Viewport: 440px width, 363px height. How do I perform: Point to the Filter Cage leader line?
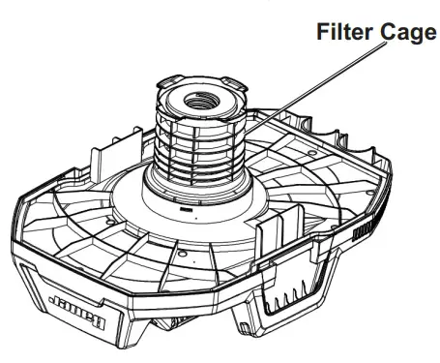point(290,106)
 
